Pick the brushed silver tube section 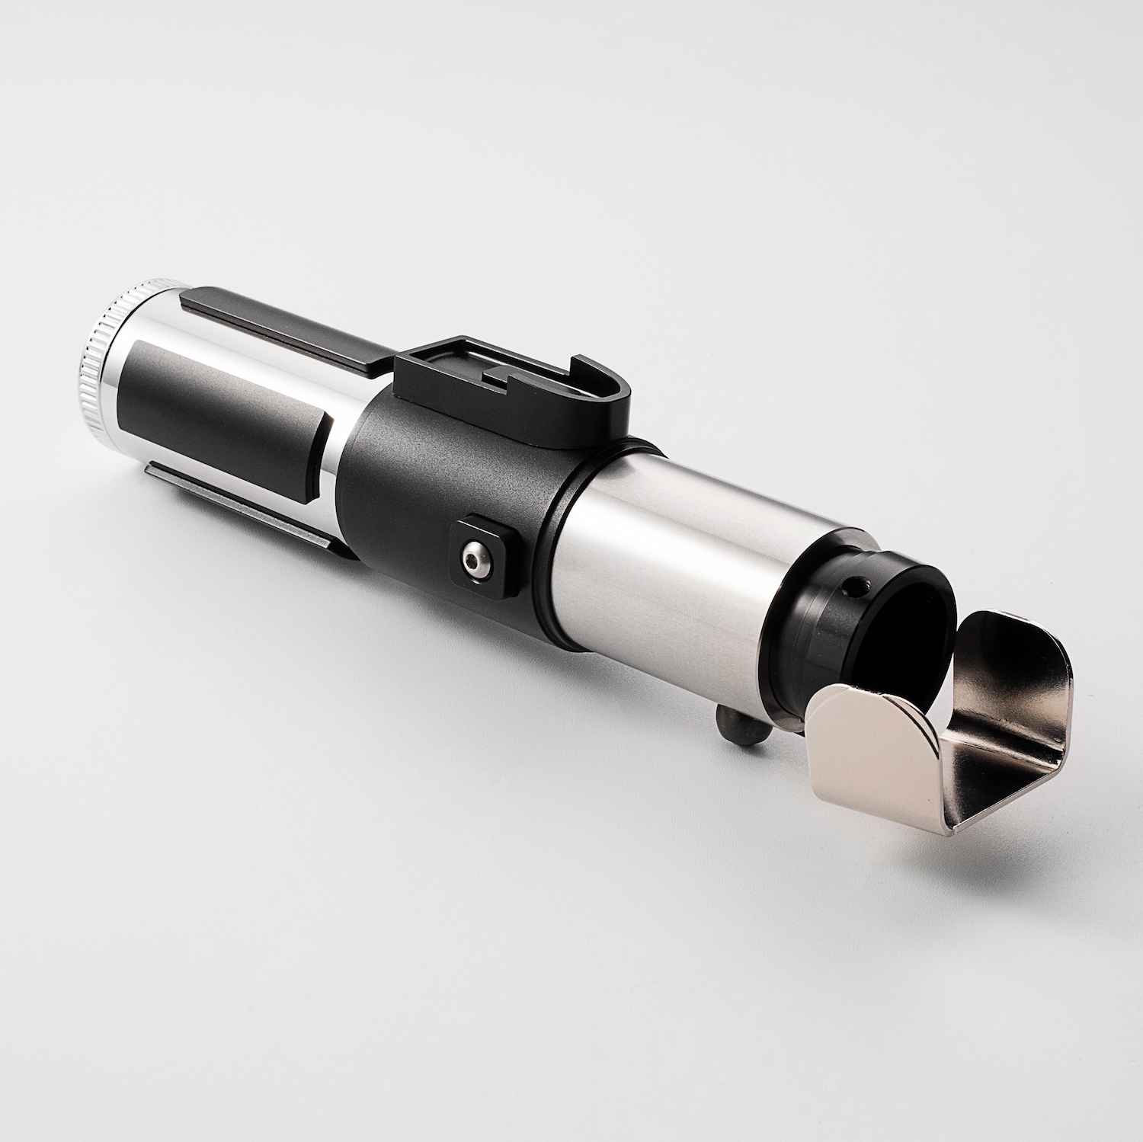(686, 564)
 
